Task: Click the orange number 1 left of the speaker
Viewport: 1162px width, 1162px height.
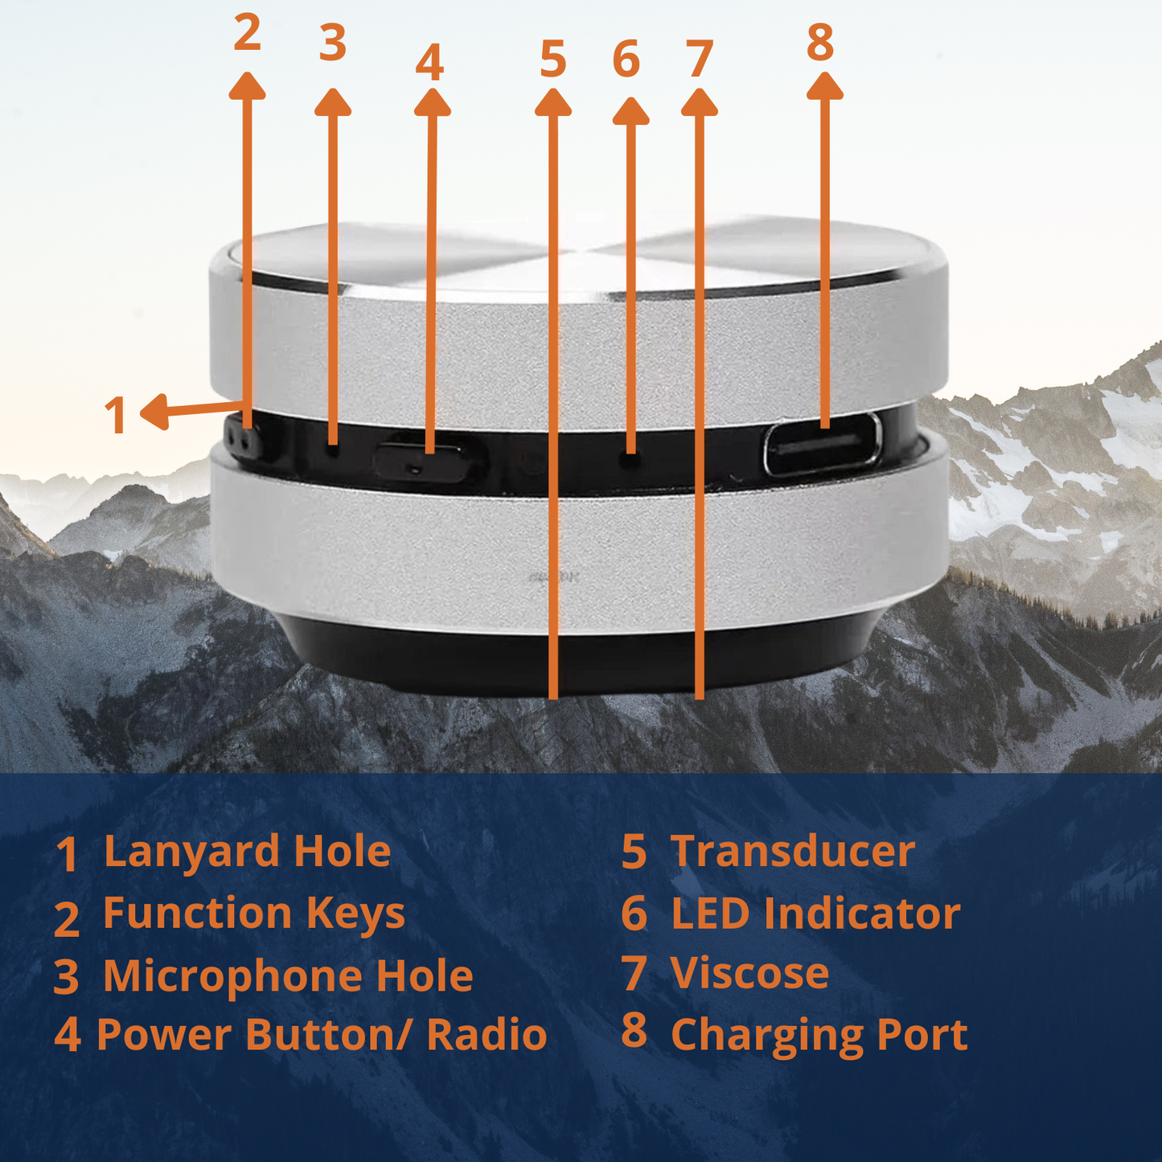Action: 115,415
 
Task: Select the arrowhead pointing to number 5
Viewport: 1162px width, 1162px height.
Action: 553,102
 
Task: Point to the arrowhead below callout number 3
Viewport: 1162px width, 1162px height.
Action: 333,102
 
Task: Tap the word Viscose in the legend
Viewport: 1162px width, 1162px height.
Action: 749,973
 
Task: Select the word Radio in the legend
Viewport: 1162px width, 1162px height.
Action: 487,1035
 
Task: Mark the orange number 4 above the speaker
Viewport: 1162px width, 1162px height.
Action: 429,61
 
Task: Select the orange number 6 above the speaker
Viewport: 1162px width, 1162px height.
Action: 626,59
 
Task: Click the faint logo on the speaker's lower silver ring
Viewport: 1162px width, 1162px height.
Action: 553,577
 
